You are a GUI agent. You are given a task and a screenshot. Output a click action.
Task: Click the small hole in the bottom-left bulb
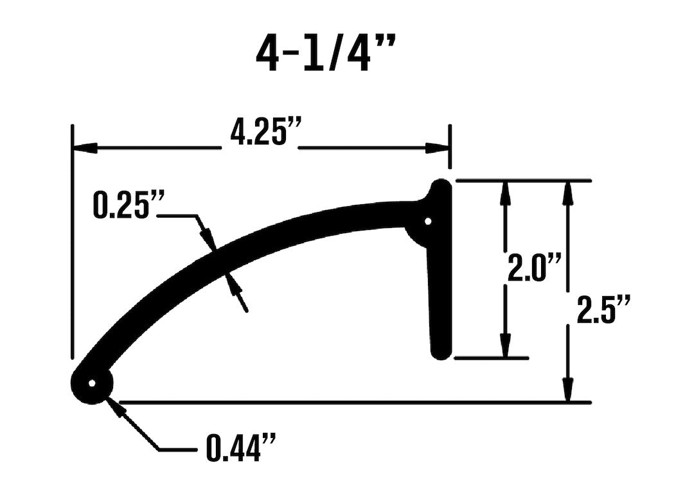(x=92, y=384)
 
